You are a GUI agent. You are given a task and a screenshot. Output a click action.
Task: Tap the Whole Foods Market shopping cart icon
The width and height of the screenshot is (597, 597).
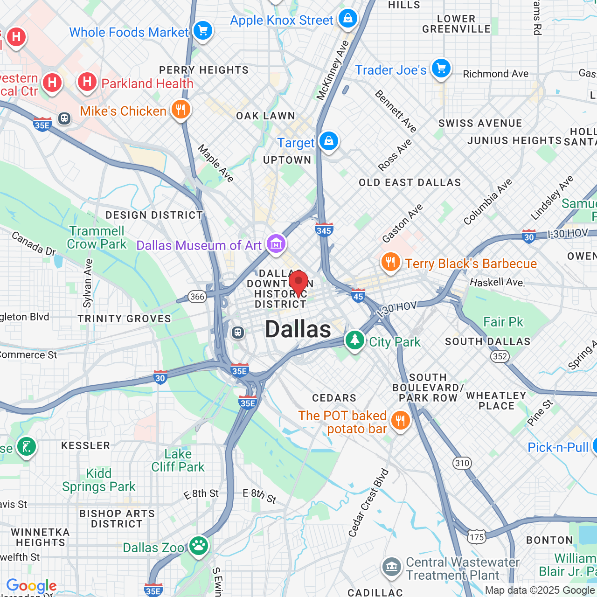click(203, 31)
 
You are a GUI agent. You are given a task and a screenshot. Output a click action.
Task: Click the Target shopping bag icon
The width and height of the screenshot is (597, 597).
click(329, 141)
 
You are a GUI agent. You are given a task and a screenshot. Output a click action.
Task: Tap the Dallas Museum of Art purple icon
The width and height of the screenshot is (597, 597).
click(276, 243)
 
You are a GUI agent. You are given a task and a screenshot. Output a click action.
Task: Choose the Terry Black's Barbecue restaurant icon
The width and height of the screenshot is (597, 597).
click(391, 263)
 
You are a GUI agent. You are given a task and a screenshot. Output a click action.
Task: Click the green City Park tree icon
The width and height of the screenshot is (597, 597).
click(355, 340)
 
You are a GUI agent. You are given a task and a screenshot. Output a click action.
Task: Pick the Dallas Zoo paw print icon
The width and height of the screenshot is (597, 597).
click(199, 546)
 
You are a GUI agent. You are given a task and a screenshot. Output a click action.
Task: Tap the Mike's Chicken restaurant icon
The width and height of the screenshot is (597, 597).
click(180, 110)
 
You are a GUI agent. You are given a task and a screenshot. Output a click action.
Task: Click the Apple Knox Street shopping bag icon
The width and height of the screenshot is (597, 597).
click(347, 19)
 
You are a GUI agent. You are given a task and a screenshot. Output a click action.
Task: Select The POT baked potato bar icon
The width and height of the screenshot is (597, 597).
click(400, 421)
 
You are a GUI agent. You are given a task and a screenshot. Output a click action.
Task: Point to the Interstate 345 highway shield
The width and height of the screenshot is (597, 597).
click(324, 229)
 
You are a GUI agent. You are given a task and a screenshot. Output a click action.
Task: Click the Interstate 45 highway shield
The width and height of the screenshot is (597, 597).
click(358, 296)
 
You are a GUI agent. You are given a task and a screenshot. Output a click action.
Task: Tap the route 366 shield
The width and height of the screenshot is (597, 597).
click(197, 297)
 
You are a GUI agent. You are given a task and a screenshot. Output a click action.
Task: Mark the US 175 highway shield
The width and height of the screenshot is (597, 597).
click(477, 537)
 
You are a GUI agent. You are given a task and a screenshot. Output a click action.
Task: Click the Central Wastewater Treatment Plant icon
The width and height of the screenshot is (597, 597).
click(391, 567)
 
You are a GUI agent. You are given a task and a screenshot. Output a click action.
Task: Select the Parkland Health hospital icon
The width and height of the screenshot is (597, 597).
click(87, 82)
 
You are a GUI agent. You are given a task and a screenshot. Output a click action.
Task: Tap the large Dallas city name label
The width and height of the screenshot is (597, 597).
click(298, 330)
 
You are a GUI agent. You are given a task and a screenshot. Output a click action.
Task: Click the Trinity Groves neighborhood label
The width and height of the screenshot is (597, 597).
click(125, 319)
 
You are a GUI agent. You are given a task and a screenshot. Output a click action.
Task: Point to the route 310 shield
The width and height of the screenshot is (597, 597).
click(462, 463)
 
